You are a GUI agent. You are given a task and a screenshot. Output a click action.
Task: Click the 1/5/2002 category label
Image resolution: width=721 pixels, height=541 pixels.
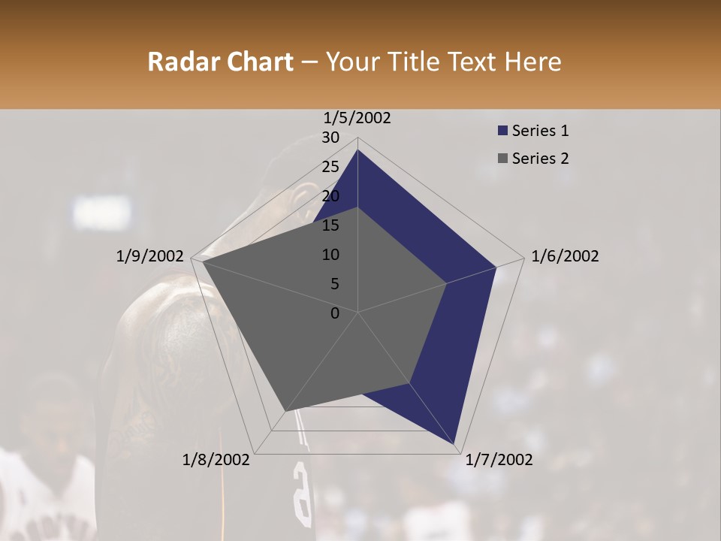(x=357, y=118)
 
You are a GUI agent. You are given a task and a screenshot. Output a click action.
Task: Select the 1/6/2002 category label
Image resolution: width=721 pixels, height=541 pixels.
(x=565, y=256)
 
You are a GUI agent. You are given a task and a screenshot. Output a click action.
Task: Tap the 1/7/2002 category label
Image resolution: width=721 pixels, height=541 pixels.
(x=499, y=460)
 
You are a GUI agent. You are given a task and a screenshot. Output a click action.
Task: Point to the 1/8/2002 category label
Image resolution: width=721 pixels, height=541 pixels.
(x=216, y=460)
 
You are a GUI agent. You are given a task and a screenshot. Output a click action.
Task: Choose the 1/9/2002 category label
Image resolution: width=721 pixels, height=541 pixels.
(x=150, y=256)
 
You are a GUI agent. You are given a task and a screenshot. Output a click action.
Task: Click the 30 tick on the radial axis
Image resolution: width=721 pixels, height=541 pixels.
(x=330, y=138)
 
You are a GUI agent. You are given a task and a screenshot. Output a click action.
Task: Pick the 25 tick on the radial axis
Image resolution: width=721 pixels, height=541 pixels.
(x=330, y=167)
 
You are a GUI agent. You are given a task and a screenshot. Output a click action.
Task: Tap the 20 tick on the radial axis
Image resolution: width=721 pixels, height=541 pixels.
(x=330, y=196)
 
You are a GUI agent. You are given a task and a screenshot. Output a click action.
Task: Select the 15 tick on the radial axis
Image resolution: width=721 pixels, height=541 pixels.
(x=330, y=225)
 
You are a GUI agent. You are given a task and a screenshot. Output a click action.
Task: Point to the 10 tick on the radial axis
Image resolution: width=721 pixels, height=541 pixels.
(x=330, y=255)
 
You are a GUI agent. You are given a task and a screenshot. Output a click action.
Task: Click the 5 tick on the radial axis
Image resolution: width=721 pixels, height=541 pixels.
(x=335, y=284)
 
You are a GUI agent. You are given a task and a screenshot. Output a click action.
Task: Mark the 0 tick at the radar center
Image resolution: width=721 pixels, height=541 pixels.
(x=335, y=313)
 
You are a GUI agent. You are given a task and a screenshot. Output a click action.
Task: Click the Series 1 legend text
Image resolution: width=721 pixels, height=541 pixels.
(x=540, y=131)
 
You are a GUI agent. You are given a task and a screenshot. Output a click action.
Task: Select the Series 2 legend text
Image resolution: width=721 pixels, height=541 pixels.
(x=540, y=159)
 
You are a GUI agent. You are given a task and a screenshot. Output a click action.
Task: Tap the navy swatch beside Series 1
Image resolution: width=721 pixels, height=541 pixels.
(x=502, y=131)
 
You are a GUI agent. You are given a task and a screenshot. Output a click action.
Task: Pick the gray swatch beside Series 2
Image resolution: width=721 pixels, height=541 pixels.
(x=502, y=159)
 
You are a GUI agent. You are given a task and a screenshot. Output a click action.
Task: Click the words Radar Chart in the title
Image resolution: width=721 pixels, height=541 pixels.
(x=220, y=62)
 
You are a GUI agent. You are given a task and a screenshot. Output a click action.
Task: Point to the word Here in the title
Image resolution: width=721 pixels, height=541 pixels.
(x=532, y=62)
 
